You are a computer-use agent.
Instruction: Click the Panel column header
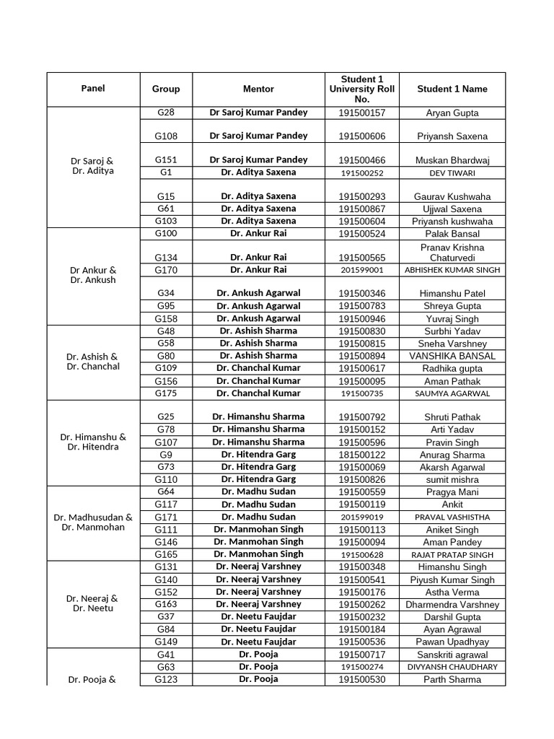point(93,89)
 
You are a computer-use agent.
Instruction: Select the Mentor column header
point(258,89)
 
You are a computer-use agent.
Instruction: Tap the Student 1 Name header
point(452,89)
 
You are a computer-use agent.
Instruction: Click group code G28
point(166,113)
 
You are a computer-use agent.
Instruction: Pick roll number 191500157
point(362,113)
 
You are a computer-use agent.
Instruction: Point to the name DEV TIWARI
point(452,173)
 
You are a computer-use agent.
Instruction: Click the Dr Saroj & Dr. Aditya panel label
point(93,166)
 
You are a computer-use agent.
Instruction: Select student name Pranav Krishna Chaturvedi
point(452,253)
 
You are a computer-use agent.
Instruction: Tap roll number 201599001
point(362,270)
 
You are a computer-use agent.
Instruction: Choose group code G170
point(166,270)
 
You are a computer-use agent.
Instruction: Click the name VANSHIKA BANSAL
point(452,356)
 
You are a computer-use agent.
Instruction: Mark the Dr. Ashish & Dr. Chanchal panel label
point(93,362)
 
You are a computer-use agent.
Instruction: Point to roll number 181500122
point(362,455)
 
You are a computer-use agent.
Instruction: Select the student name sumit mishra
point(452,480)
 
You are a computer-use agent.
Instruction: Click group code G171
point(166,517)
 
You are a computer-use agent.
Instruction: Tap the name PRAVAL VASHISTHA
point(452,517)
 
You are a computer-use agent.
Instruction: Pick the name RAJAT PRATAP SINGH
point(452,555)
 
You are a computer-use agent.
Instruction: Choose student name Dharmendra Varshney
point(452,605)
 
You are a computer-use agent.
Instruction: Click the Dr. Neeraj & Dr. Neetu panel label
point(93,603)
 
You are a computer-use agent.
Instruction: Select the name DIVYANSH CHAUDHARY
point(452,667)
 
